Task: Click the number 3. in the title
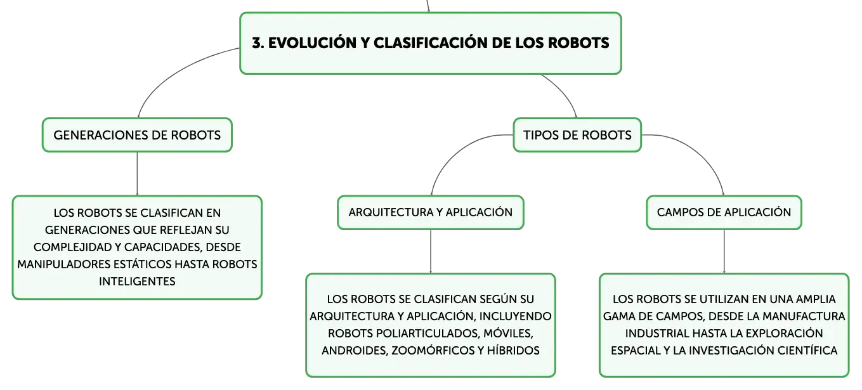pyautogui.click(x=258, y=43)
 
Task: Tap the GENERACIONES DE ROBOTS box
pyautogui.click(x=137, y=135)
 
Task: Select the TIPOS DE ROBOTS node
pyautogui.click(x=577, y=135)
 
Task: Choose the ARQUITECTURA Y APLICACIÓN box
pyautogui.click(x=431, y=212)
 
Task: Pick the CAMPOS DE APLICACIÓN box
pyautogui.click(x=724, y=212)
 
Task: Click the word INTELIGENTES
pyautogui.click(x=137, y=282)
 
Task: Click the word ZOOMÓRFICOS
pyautogui.click(x=433, y=351)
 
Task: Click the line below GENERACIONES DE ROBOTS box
pyautogui.click(x=137, y=174)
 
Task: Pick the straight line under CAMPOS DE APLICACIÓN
pyautogui.click(x=724, y=252)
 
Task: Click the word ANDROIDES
pyautogui.click(x=355, y=351)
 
